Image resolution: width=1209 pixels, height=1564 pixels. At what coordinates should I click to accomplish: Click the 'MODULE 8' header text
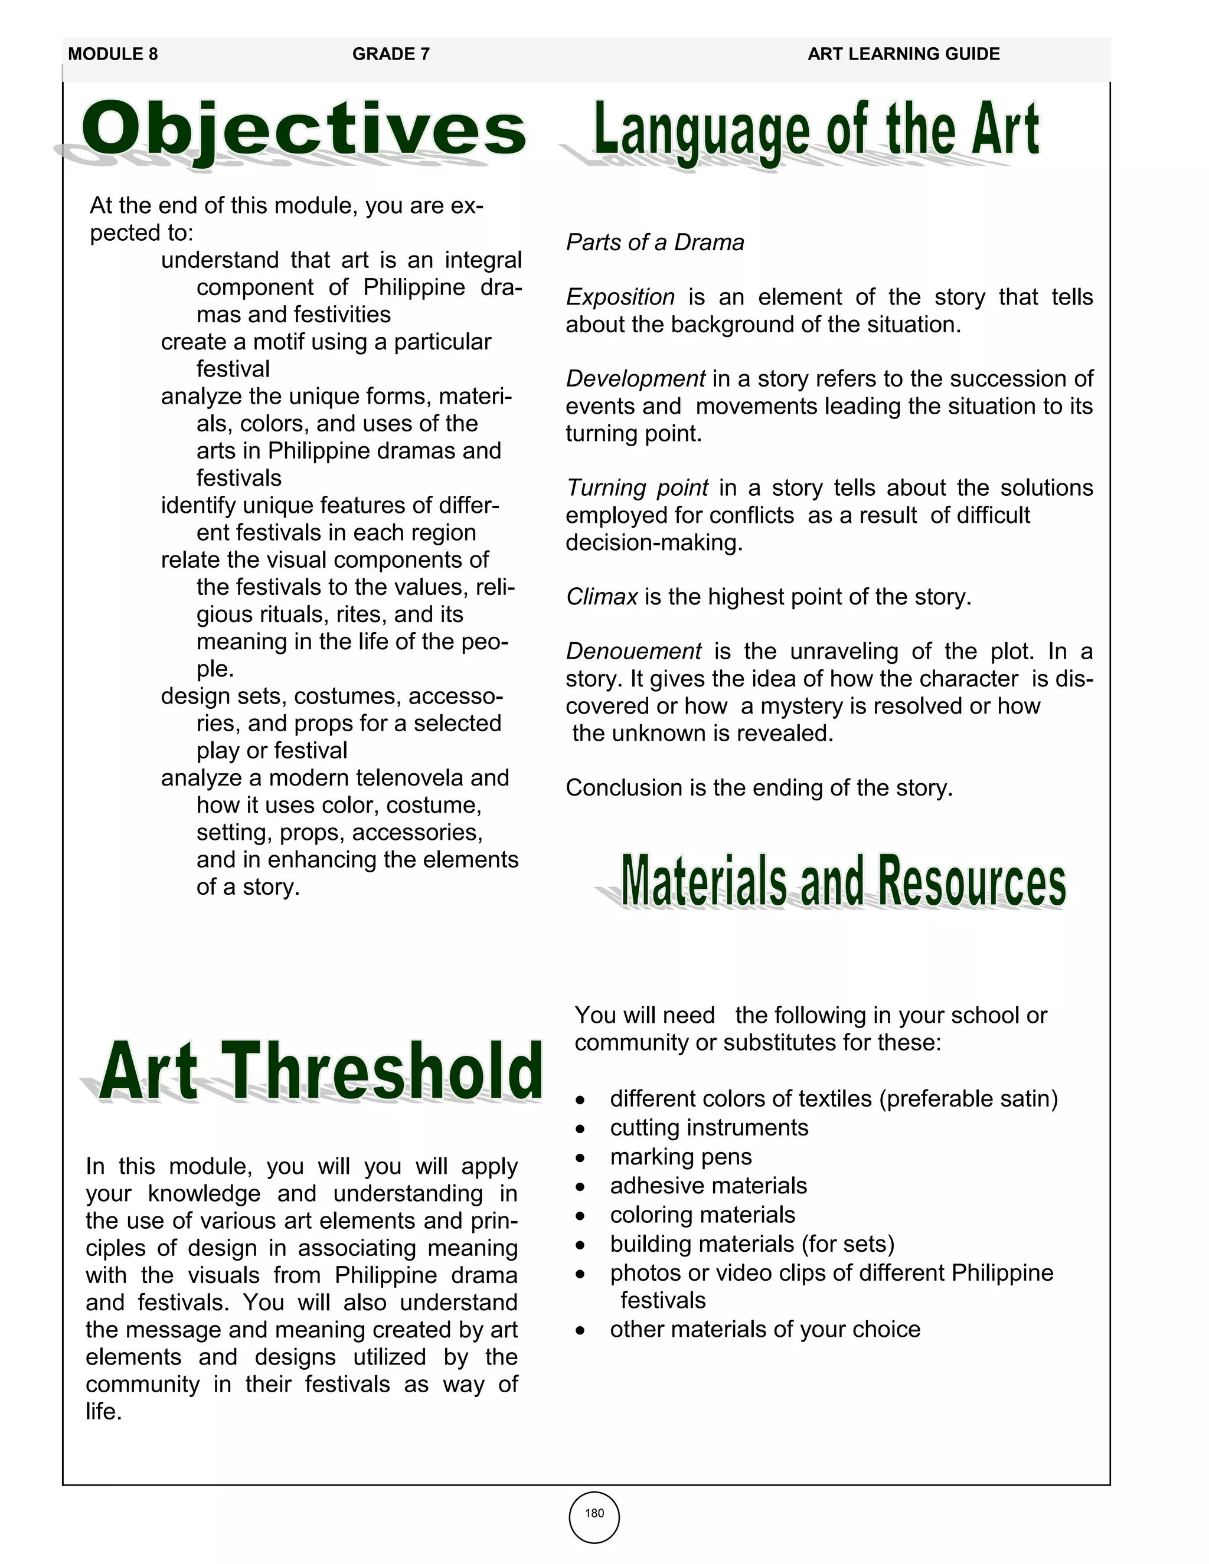coord(112,54)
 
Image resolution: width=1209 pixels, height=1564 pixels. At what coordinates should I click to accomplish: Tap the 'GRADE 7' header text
coord(390,54)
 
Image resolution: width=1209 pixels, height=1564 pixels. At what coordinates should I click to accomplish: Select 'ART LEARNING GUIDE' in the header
coord(903,54)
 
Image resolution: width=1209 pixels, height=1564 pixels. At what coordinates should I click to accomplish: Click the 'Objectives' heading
coord(303,130)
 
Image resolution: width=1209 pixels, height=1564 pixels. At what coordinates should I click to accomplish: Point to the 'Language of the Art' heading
coord(816,130)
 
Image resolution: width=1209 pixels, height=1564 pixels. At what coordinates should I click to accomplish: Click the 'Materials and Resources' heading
coord(842,882)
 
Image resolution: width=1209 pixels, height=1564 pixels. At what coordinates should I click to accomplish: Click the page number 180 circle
coord(594,1513)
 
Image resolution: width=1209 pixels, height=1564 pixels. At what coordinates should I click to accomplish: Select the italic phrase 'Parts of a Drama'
coord(655,243)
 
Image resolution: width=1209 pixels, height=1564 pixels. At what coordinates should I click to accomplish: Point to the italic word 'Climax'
coord(602,597)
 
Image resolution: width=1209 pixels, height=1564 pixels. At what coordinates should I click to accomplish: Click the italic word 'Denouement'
coord(633,652)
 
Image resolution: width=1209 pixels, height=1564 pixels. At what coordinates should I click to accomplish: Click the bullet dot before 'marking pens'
coord(580,1159)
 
